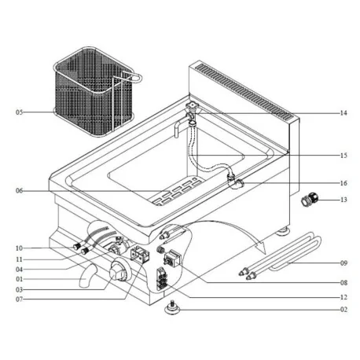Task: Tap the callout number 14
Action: (x=343, y=113)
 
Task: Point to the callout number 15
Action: (x=343, y=156)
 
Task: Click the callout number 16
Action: (x=343, y=183)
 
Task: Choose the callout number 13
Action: (x=343, y=200)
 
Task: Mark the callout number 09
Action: (x=343, y=263)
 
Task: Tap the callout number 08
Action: (x=343, y=281)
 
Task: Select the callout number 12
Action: (x=343, y=298)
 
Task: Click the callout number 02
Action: (x=343, y=310)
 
